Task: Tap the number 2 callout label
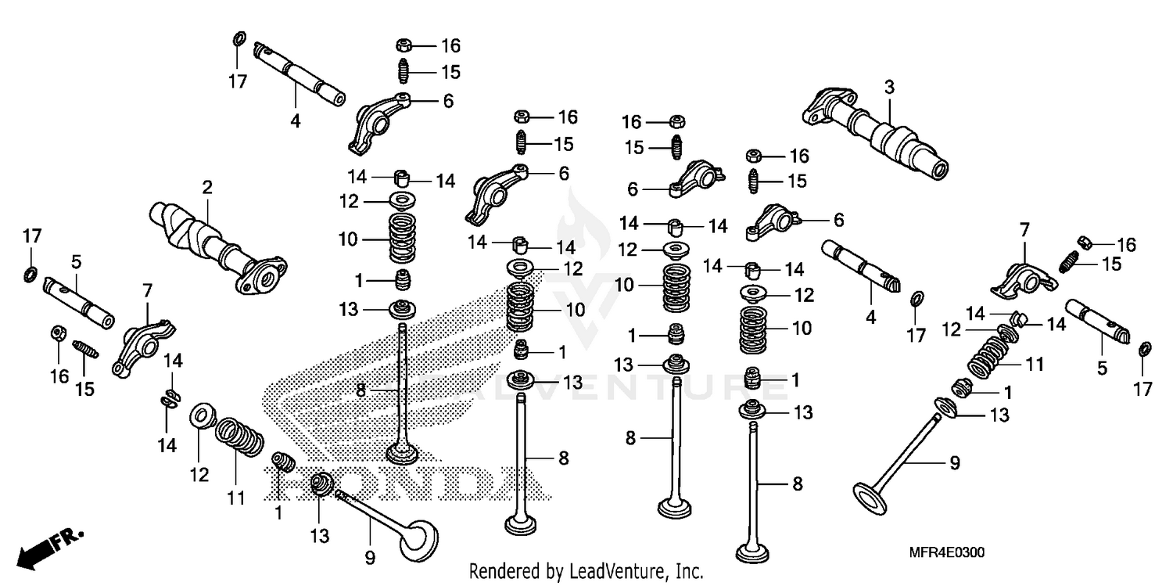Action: [207, 188]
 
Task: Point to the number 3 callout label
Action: [889, 87]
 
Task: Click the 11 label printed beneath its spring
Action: [236, 498]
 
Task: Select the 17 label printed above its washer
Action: [30, 235]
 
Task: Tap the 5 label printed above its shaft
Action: [77, 261]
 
